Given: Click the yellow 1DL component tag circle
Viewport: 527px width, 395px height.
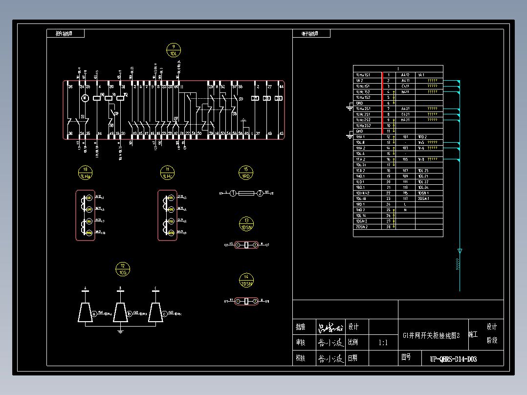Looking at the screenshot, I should pos(174,50).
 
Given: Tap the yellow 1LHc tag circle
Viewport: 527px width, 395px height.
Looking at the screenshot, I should pos(167,173).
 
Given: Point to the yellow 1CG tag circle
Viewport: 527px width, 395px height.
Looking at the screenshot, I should pos(123,269).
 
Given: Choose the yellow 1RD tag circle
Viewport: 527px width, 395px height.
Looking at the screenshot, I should pos(246,173).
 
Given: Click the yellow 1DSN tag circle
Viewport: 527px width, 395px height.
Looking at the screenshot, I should pos(246,224).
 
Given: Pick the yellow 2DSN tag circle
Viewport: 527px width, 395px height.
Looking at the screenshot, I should pos(246,280).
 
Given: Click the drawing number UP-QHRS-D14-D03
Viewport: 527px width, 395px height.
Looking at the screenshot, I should pos(453,359).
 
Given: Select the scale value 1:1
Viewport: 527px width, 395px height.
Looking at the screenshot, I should pos(383,343).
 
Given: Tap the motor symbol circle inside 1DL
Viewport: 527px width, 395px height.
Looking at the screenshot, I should pos(84,98).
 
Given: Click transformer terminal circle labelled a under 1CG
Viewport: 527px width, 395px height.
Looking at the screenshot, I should pos(94,313).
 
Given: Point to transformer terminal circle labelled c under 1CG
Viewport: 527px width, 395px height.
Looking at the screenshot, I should pos(165,313).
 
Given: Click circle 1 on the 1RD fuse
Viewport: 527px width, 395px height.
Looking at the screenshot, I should pos(233,194).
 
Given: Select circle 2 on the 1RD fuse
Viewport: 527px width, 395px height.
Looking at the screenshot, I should pos(260,194).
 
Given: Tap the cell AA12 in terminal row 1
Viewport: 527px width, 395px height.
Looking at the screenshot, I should pos(405,75).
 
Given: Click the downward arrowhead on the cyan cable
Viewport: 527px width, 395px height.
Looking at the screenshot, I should pos(460,251).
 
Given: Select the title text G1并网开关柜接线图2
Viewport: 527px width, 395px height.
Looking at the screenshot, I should pos(432,335).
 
